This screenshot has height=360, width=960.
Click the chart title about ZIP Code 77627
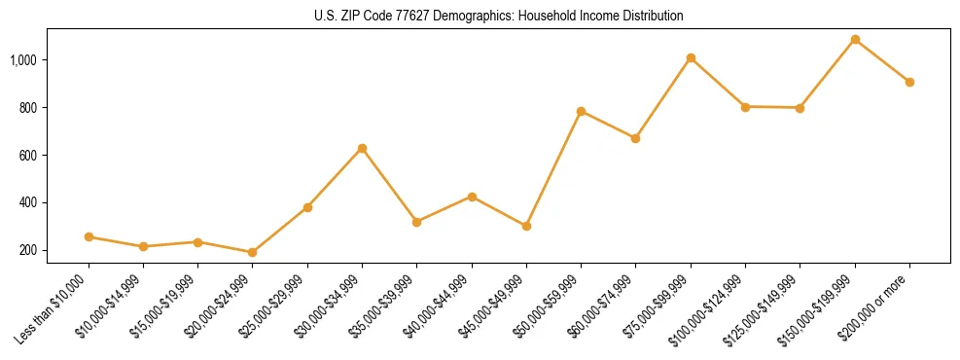pyautogui.click(x=499, y=17)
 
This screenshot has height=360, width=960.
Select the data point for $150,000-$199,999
pyautogui.click(x=855, y=40)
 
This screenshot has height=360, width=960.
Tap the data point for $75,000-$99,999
pyautogui.click(x=691, y=58)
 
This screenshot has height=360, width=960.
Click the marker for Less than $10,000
pyautogui.click(x=89, y=236)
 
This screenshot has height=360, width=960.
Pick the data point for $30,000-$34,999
pyautogui.click(x=362, y=148)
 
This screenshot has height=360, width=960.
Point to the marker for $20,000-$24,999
pyautogui.click(x=253, y=252)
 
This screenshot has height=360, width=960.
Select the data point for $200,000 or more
pyautogui.click(x=909, y=82)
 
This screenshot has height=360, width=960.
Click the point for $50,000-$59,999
pyautogui.click(x=581, y=111)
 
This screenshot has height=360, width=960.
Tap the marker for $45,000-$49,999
pyautogui.click(x=526, y=226)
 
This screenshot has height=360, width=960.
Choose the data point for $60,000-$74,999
pyautogui.click(x=635, y=138)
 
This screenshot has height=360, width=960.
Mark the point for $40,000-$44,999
pyautogui.click(x=472, y=197)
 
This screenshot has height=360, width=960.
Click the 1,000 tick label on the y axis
pyautogui.click(x=23, y=60)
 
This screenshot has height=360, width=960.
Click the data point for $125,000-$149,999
pyautogui.click(x=800, y=108)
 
